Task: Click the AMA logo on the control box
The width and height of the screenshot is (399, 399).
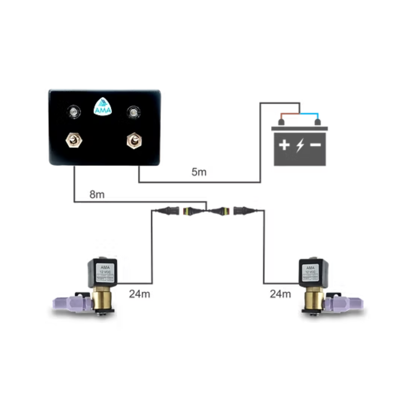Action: coord(103,107)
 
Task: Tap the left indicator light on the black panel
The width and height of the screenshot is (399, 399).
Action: coord(74,112)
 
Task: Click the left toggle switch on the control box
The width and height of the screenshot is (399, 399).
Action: coord(74,140)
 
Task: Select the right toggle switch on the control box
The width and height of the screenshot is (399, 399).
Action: coord(134,140)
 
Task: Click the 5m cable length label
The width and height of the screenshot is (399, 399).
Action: coord(199,172)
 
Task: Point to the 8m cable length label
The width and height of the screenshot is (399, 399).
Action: coord(97,195)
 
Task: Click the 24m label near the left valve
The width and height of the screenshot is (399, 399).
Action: coord(139,294)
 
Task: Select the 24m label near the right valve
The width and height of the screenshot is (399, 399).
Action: coord(280,294)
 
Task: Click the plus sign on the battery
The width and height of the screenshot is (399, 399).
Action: coord(284,145)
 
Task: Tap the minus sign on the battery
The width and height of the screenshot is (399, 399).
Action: coord(316,145)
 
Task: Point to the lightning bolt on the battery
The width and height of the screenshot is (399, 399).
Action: coord(300,145)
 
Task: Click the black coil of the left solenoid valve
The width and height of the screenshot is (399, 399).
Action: coord(102,273)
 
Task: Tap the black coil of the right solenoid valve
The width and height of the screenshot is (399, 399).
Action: coord(313,273)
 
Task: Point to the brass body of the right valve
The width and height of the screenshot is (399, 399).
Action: coord(313,298)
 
